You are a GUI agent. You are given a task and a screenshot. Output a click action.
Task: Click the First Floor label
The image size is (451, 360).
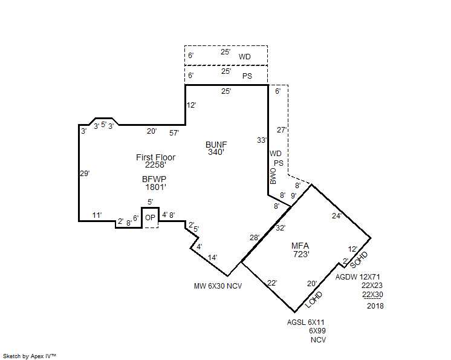pos(155,157)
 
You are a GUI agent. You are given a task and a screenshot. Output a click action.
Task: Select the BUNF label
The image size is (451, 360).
pos(216,145)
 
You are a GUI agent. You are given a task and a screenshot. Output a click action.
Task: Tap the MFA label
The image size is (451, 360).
pos(300,246)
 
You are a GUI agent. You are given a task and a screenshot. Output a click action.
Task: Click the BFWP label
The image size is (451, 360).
pos(154,179)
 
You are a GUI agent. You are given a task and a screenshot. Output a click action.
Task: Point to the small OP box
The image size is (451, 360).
pos(150,218)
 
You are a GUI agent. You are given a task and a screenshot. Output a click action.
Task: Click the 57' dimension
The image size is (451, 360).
pos(174,132)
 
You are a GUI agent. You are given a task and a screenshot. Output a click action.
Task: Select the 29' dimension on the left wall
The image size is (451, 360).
pos(85,173)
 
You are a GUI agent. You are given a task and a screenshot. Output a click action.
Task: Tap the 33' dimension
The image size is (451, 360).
pos(261,140)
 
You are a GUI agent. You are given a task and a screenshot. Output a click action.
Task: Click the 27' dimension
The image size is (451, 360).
pos(281,129)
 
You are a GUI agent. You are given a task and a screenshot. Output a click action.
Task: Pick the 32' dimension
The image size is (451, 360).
pos(280,228)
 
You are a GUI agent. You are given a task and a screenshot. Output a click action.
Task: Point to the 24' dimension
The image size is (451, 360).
pos(336,215)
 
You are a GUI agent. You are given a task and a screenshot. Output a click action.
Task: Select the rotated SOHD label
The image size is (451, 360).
pos(359,259)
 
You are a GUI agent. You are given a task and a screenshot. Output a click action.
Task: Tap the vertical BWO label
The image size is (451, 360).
pos(273,176)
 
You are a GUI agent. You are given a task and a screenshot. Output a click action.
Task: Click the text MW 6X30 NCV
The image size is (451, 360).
pos(218,286)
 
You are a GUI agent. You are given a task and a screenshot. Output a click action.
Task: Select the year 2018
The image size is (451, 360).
pos(375,306)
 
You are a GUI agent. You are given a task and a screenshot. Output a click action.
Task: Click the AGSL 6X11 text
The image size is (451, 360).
pos(306,322)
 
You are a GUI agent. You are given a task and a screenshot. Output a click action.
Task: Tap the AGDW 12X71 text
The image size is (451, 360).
pos(359,277)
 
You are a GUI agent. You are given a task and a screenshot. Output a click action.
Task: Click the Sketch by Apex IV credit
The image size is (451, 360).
pos(30,356)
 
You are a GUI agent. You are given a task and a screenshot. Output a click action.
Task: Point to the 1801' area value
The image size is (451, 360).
pos(154,188)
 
